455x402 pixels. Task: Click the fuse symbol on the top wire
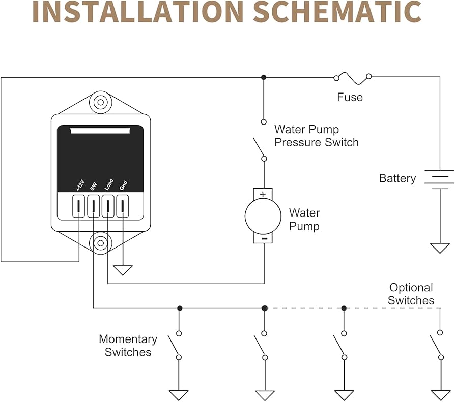pyautogui.click(x=352, y=77)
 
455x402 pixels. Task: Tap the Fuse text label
pyautogui.click(x=350, y=97)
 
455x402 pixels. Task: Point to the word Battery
pyautogui.click(x=397, y=179)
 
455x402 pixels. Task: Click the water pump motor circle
pyautogui.click(x=263, y=215)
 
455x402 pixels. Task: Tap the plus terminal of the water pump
pyautogui.click(x=263, y=194)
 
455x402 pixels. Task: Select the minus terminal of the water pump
pyautogui.click(x=263, y=238)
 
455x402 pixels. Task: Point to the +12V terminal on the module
pyautogui.click(x=79, y=206)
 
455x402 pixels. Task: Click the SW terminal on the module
pyautogui.click(x=93, y=206)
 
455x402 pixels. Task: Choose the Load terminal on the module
pyautogui.click(x=108, y=206)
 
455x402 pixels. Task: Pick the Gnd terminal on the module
pyautogui.click(x=123, y=206)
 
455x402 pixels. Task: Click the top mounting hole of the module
pyautogui.click(x=101, y=103)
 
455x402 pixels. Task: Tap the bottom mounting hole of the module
pyautogui.click(x=101, y=243)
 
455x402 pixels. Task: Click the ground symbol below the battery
pyautogui.click(x=440, y=248)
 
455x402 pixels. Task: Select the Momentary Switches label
pyautogui.click(x=128, y=346)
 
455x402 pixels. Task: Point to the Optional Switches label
pyautogui.click(x=411, y=294)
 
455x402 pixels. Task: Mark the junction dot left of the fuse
pyautogui.click(x=263, y=77)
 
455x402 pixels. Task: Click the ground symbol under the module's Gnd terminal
pyautogui.click(x=123, y=270)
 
